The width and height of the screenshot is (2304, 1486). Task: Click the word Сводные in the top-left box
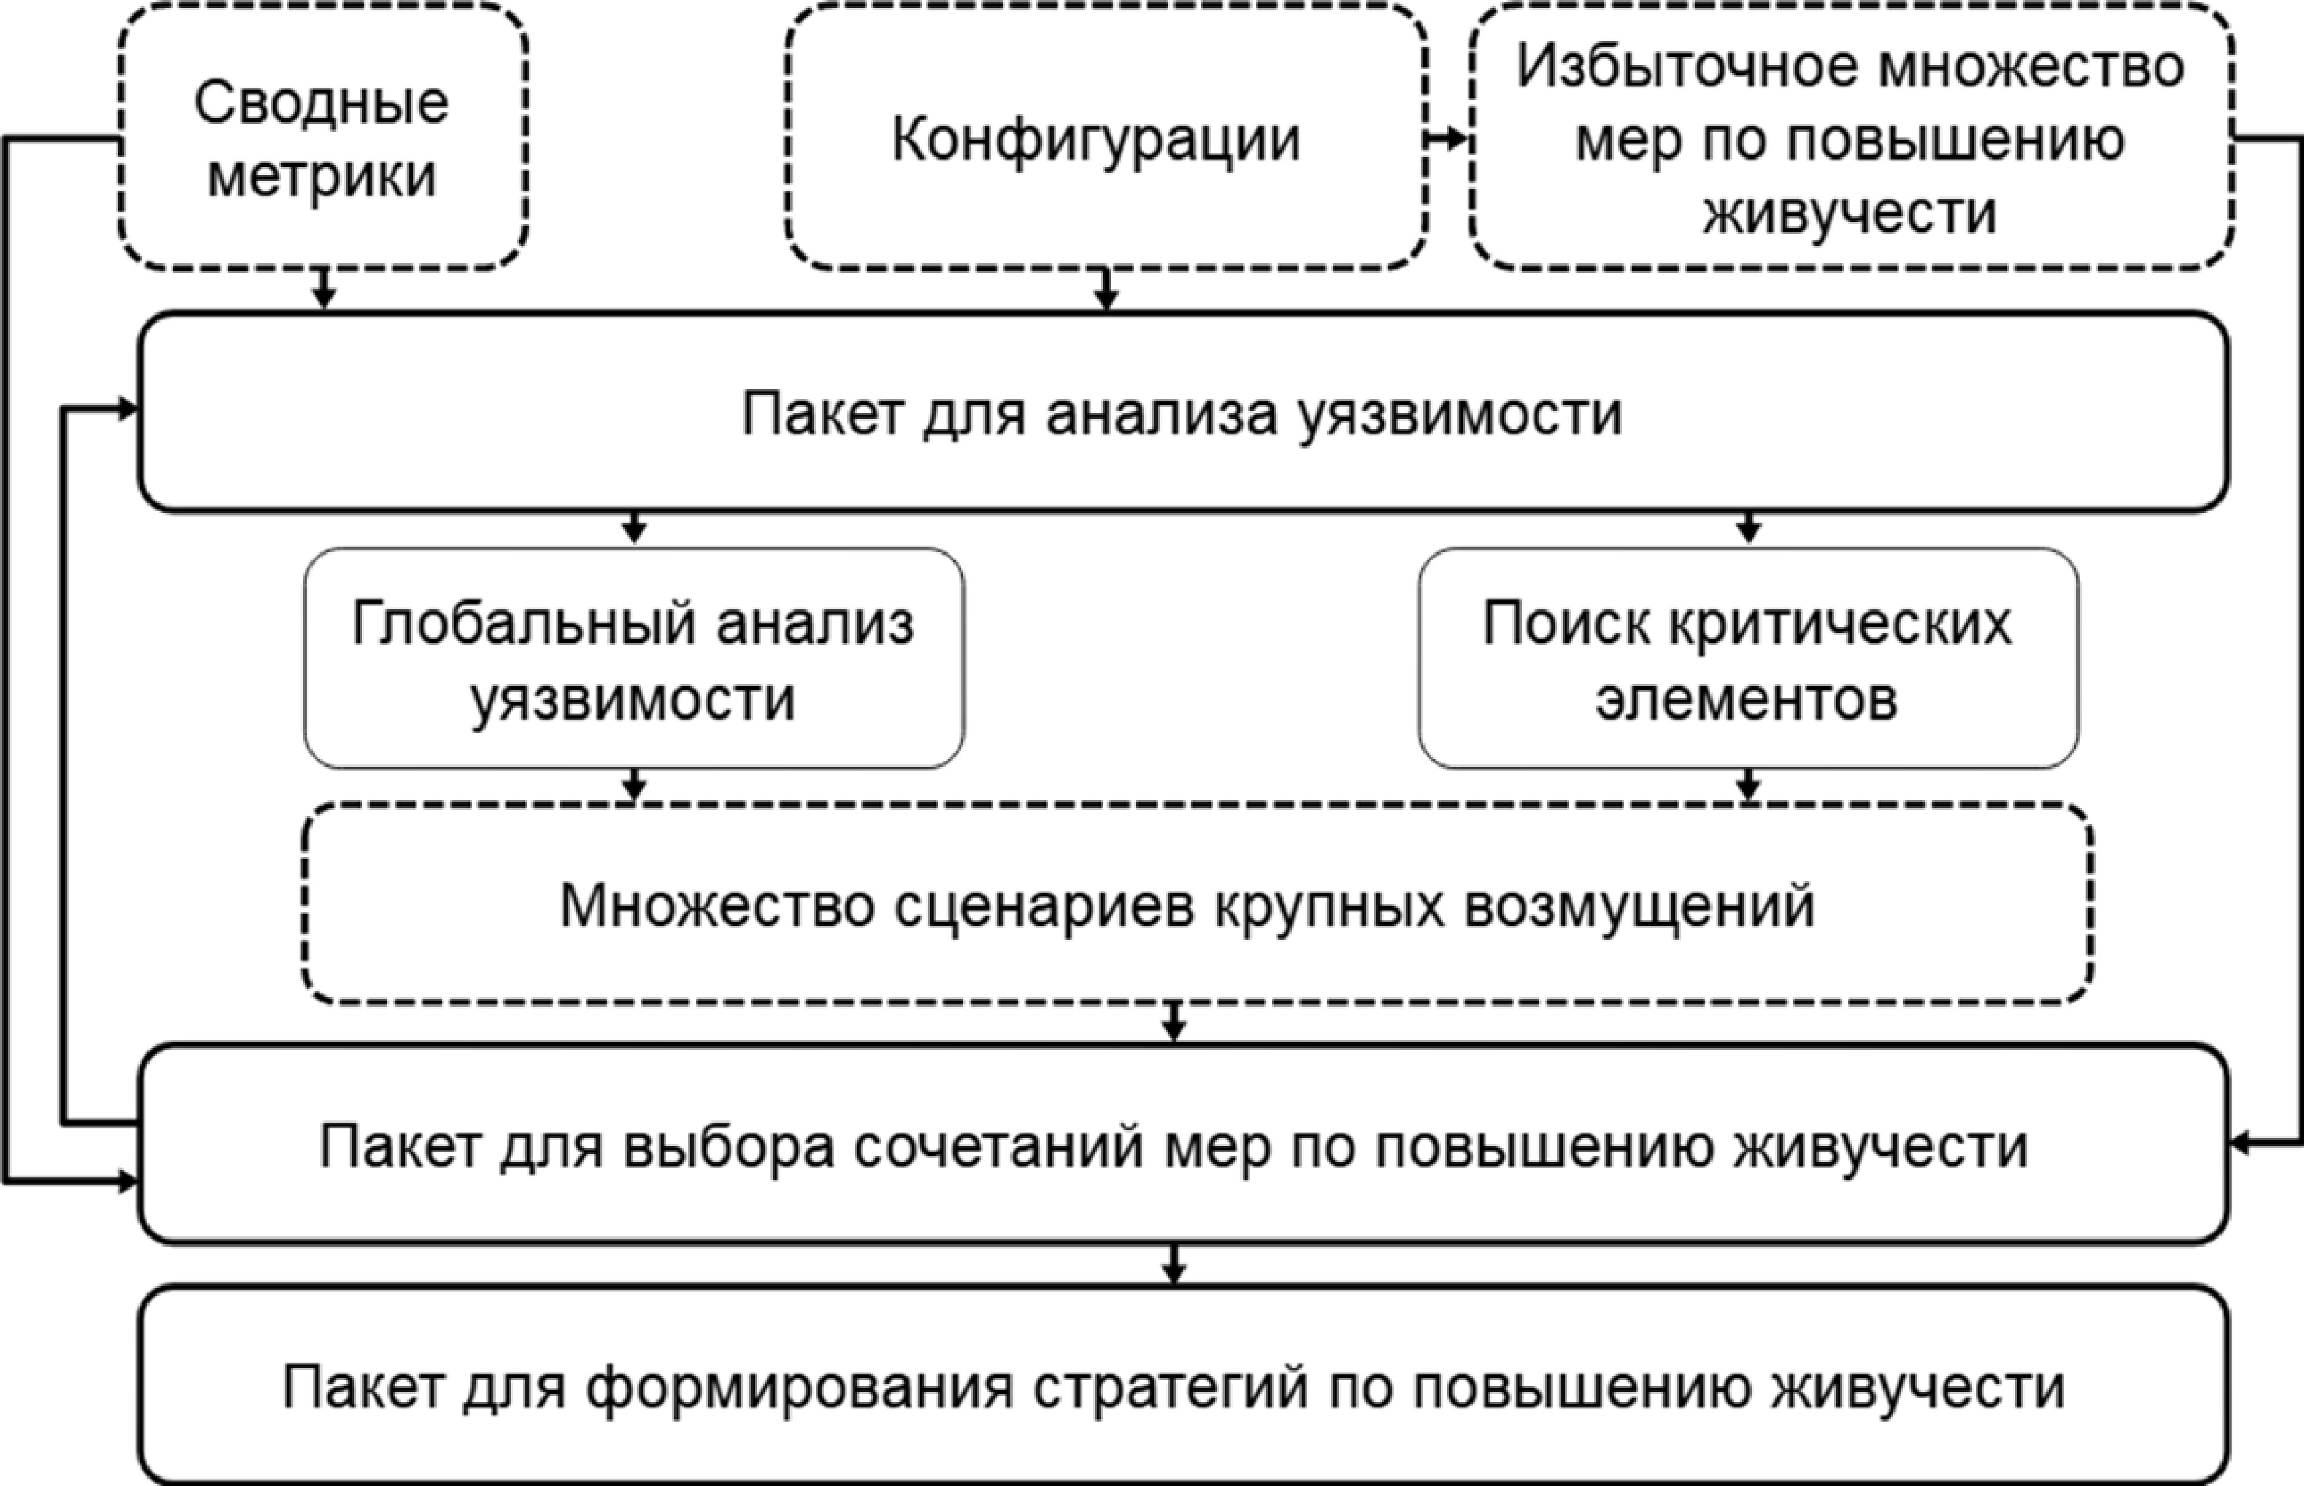coord(321,103)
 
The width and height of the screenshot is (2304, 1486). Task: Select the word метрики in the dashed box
coord(321,177)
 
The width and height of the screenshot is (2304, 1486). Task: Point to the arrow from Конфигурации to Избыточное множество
coord(1447,139)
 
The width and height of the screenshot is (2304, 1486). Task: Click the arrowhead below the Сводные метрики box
coord(324,297)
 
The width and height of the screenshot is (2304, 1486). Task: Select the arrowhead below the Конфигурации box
coord(1107,297)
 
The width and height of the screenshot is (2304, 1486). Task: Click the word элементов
coord(1746,699)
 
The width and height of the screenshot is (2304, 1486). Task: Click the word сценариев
coord(1044,907)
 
